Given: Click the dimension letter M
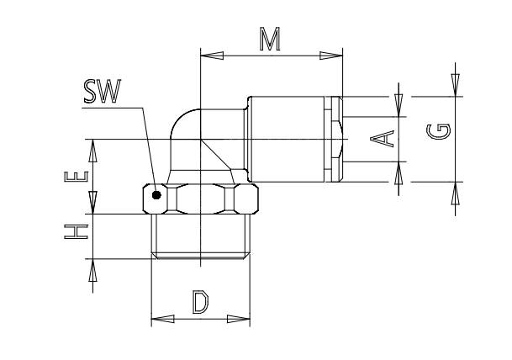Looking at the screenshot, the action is point(270,40).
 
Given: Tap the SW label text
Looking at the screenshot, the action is point(103,91).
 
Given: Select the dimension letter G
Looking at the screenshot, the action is point(439,131).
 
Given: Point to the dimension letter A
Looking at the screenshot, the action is point(382,139).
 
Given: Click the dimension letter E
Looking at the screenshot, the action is point(76,177).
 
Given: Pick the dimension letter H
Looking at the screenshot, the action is point(76,232).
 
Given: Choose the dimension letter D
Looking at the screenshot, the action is point(200,303).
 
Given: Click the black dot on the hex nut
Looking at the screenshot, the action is point(156,195).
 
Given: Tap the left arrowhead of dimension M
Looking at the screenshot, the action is point(212,56).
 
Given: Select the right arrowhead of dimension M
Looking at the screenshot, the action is point(331,56).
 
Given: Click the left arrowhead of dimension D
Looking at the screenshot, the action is point(162,319).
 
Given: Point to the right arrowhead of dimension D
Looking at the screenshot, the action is point(239,319).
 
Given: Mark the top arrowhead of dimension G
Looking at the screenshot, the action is point(455,85).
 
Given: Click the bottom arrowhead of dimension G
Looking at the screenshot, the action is point(455,193).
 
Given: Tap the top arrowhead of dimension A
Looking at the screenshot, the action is point(399,105).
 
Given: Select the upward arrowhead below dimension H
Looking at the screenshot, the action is point(92,270).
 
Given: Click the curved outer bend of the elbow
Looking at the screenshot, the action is point(182,118).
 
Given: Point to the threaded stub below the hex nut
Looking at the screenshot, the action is point(201,236).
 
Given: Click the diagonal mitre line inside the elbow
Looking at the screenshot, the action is point(216,155).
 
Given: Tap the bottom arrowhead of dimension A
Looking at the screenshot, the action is point(399,173).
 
